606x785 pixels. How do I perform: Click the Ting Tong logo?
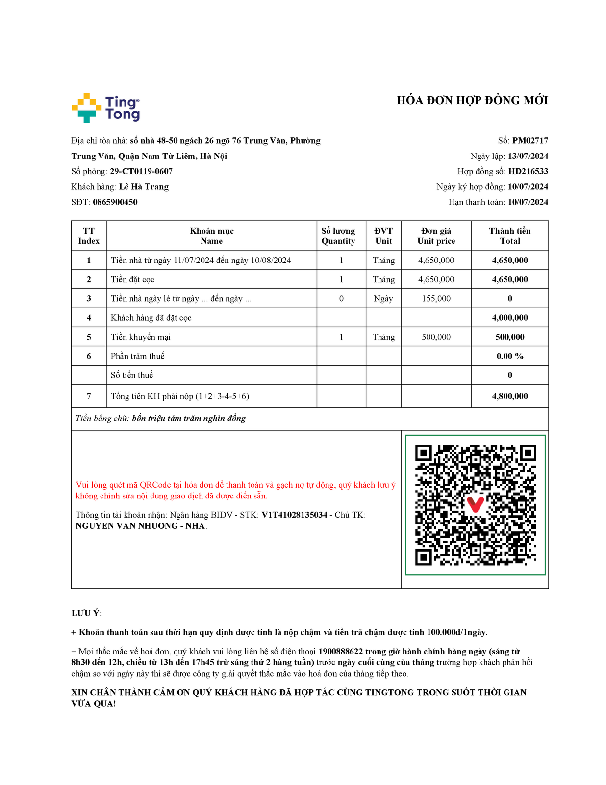[x=105, y=107]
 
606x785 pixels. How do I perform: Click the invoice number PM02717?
[x=530, y=141]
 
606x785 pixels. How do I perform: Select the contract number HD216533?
[x=528, y=171]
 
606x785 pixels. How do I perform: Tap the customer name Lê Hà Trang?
[x=144, y=187]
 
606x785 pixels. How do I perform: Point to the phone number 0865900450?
[x=115, y=202]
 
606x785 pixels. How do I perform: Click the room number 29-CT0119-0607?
[x=141, y=171]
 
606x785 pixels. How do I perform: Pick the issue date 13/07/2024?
[x=528, y=156]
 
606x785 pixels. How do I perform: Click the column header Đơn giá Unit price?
[x=436, y=236]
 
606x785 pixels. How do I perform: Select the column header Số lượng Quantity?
[x=338, y=236]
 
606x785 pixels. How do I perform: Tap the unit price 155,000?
[x=436, y=299]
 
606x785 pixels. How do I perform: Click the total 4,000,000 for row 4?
[x=510, y=318]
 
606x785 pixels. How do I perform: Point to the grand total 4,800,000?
[x=510, y=396]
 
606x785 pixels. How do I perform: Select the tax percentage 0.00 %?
[x=510, y=356]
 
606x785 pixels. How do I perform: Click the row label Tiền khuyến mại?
[x=141, y=337]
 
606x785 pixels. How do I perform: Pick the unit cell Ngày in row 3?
[x=383, y=299]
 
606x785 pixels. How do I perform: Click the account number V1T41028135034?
[x=294, y=515]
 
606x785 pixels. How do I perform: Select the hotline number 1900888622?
[x=340, y=652]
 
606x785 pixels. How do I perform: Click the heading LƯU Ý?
[x=87, y=613]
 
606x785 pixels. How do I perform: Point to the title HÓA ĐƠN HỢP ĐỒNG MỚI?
[x=472, y=101]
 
